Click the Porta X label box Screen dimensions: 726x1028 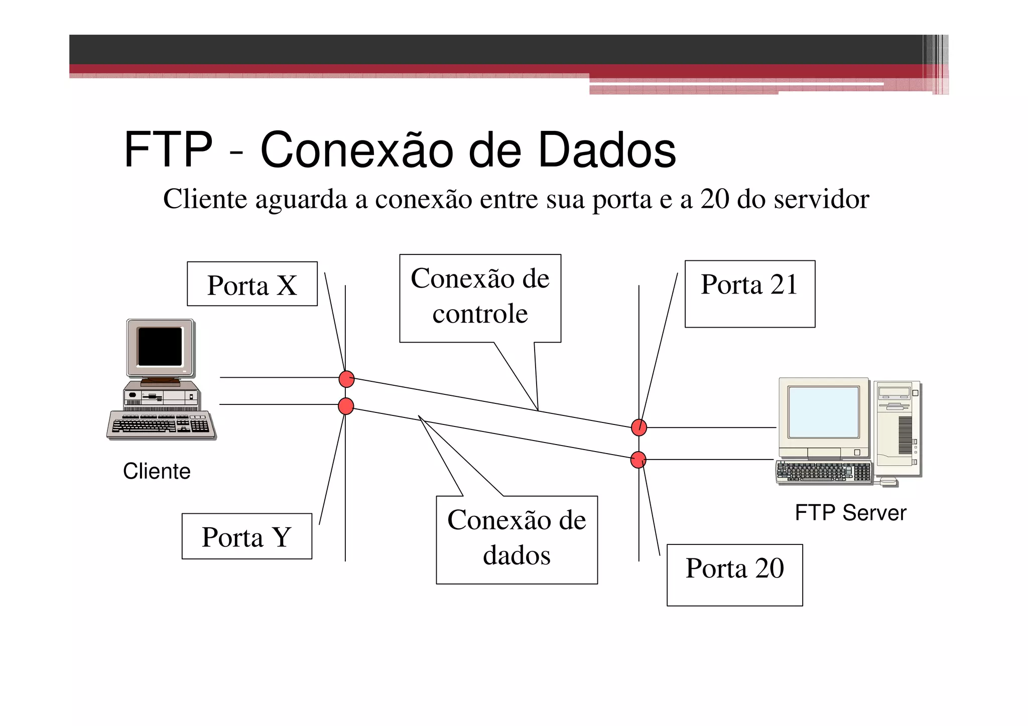tap(252, 284)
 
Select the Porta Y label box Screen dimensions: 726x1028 tap(246, 536)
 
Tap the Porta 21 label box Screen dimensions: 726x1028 tap(749, 294)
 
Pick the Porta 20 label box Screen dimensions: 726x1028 tap(734, 575)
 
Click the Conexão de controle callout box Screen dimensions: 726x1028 tap(480, 299)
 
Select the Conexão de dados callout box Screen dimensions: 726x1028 tap(517, 540)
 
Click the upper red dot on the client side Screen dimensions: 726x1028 tap(346, 379)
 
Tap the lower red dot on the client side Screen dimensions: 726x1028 tap(346, 406)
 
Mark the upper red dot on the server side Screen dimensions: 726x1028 tap(639, 427)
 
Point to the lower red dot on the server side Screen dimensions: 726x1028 tap(638, 460)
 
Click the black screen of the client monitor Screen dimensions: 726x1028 tap(160, 347)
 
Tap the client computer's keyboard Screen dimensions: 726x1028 tap(161, 425)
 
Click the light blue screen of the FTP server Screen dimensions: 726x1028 tap(823, 412)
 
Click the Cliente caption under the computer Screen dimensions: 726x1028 tap(157, 472)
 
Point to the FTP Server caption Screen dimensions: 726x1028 tap(850, 513)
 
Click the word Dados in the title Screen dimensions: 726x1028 tap(607, 150)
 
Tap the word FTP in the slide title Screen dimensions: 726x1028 tap(168, 150)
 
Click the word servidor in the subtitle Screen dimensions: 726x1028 tap(821, 199)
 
